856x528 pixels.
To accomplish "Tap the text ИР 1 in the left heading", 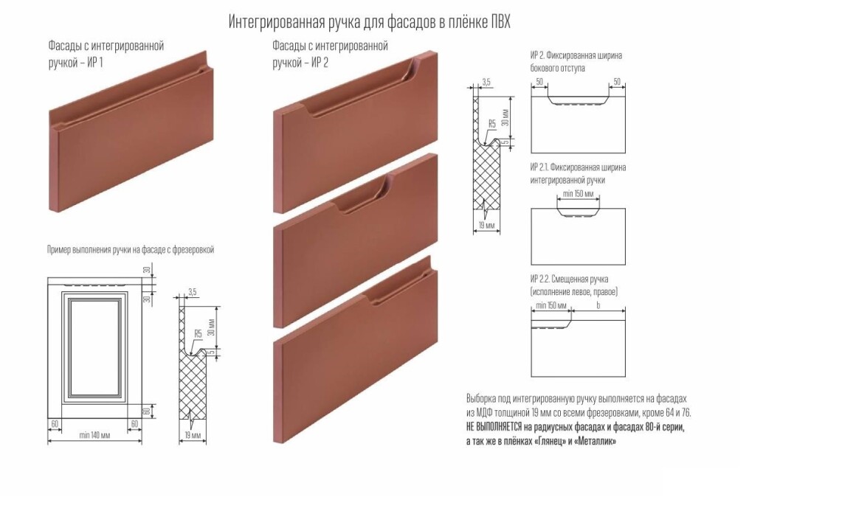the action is click(x=95, y=63).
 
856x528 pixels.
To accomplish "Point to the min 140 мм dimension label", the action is click(x=94, y=435).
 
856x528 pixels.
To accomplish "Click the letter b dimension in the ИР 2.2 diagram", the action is click(x=598, y=305).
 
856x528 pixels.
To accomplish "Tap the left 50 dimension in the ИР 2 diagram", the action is click(x=539, y=83).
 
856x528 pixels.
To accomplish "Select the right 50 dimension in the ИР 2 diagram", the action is click(x=617, y=83).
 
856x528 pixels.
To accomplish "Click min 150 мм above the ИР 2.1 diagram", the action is click(x=578, y=194).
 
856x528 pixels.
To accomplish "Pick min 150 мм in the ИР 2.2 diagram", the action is click(x=550, y=305).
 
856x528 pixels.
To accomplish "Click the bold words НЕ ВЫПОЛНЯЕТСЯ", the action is click(x=494, y=427).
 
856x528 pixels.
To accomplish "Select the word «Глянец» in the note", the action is click(x=548, y=441).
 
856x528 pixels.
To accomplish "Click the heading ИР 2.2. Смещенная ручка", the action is click(x=570, y=279).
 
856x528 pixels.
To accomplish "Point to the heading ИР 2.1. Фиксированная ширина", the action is click(x=578, y=167).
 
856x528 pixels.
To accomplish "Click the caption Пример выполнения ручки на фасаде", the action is click(x=108, y=250).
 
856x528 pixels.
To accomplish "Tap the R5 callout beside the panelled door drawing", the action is click(x=198, y=333).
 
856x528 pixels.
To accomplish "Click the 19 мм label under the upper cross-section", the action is click(x=486, y=225).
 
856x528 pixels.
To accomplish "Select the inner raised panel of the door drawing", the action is click(x=94, y=347).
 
